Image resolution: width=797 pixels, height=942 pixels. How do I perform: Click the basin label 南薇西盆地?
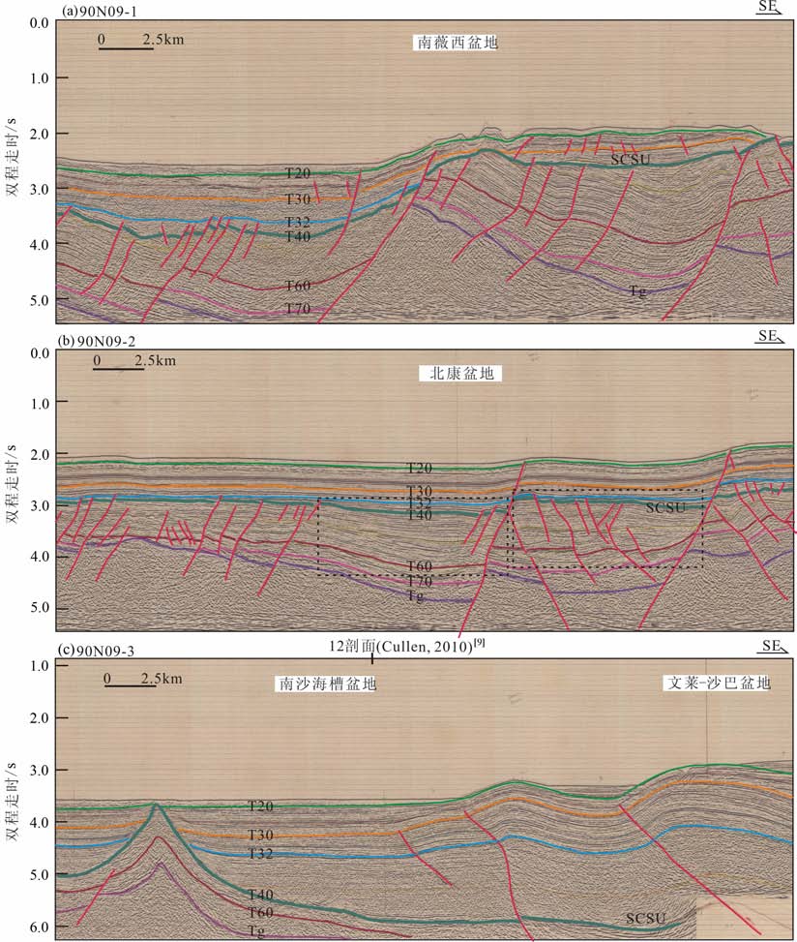coord(458,44)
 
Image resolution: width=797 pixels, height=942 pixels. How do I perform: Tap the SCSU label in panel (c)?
coord(645,917)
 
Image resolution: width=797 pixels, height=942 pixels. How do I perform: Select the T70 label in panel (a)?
coord(297,308)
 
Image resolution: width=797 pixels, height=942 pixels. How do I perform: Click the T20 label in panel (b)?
coord(419,469)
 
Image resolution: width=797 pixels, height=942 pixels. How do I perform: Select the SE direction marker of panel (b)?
coord(770,337)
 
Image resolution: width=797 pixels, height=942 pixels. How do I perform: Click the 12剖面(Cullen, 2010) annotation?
coord(406,645)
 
